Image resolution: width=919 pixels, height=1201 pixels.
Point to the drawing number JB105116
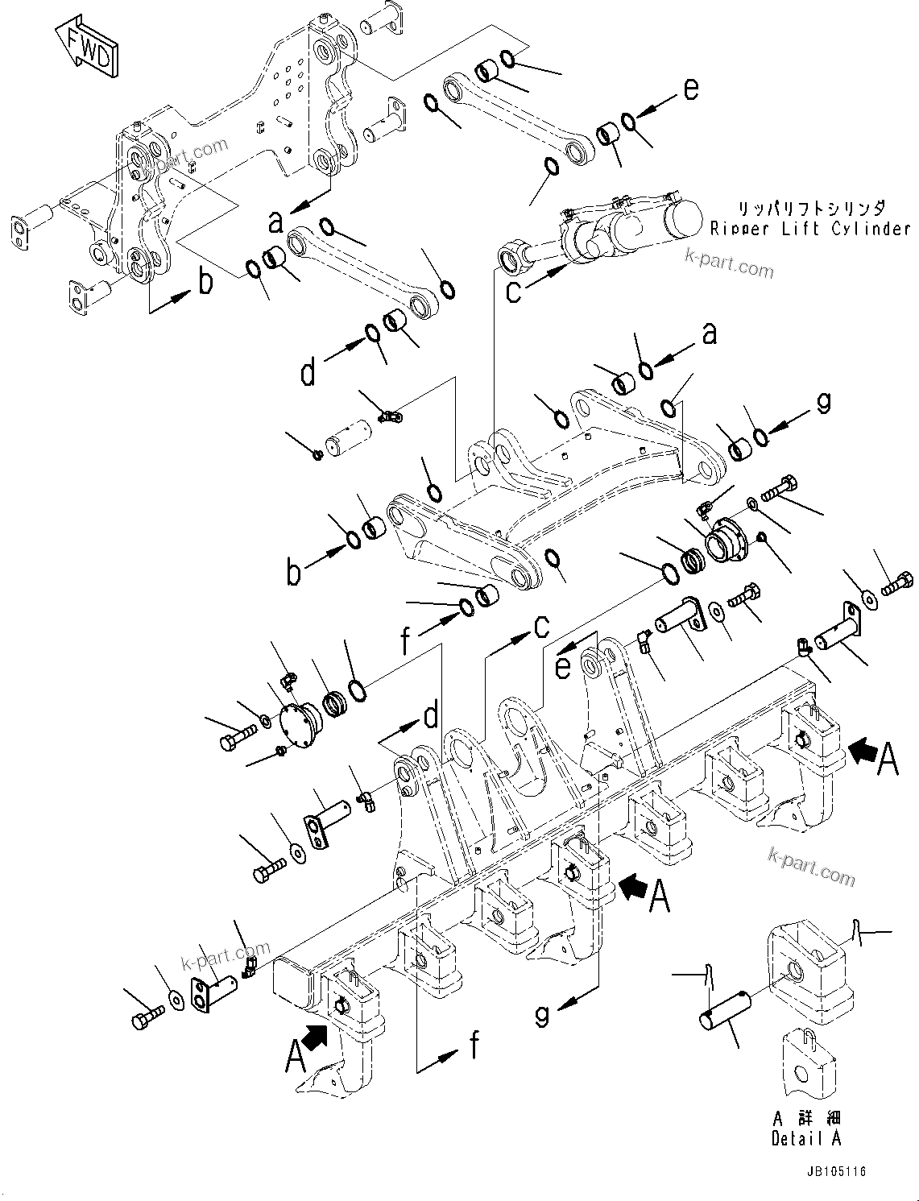click(834, 1172)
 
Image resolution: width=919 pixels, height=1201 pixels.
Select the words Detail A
click(806, 1138)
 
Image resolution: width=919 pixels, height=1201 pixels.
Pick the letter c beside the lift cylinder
click(514, 291)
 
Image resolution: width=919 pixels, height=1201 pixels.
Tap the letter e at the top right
click(691, 89)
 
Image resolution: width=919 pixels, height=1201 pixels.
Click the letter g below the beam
click(544, 1014)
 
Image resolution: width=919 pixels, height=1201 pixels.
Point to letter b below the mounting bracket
click(206, 282)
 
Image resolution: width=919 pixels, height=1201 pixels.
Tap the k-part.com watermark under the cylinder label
click(729, 263)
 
